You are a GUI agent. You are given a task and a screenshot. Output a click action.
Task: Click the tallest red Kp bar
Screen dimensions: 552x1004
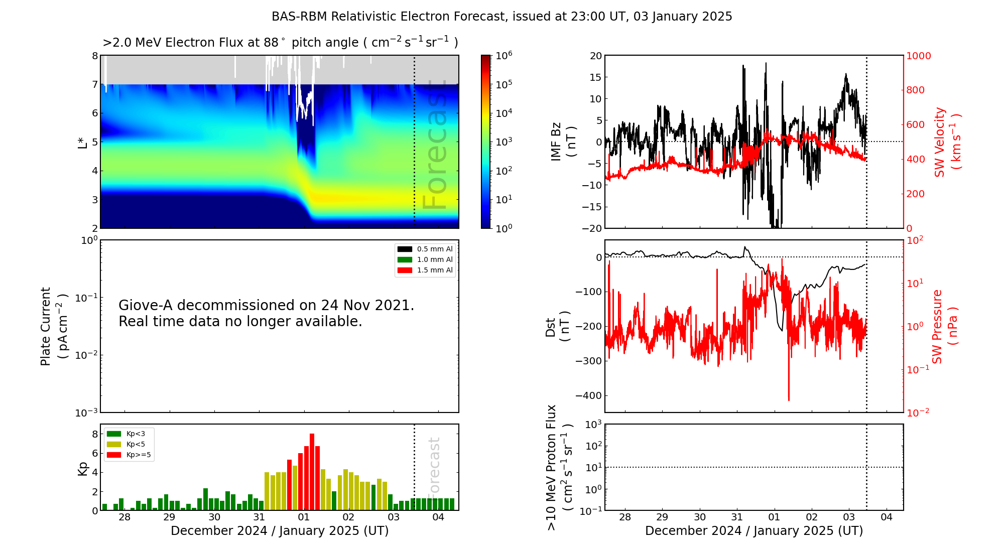[x=312, y=472]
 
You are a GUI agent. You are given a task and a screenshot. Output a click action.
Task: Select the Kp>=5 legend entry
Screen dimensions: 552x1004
[x=129, y=455]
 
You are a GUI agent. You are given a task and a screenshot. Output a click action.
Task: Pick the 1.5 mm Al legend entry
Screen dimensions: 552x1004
[x=425, y=270]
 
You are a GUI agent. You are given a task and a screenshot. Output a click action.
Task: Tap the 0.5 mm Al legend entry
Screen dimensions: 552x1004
[x=425, y=249]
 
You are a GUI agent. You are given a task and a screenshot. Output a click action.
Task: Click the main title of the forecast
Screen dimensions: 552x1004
[x=501, y=17]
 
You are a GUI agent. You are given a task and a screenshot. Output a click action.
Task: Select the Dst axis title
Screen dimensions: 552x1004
[x=557, y=327]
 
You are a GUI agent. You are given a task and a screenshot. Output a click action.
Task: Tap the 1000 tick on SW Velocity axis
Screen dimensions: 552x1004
[x=918, y=56]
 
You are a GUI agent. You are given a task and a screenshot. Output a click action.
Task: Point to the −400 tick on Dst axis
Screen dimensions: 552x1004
[x=588, y=395]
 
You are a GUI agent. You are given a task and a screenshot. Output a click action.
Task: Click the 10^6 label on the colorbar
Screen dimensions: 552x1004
[x=504, y=56]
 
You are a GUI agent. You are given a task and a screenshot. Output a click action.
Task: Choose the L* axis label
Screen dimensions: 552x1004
[x=83, y=142]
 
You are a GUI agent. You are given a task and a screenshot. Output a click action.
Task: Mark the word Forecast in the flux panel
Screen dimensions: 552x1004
[x=435, y=146]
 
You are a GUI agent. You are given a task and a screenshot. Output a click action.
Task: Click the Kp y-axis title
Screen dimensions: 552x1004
[x=83, y=469]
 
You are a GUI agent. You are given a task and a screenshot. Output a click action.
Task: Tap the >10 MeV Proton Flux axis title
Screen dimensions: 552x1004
[x=559, y=467]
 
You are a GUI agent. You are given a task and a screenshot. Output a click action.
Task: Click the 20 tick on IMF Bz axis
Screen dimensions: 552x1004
[x=595, y=56]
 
